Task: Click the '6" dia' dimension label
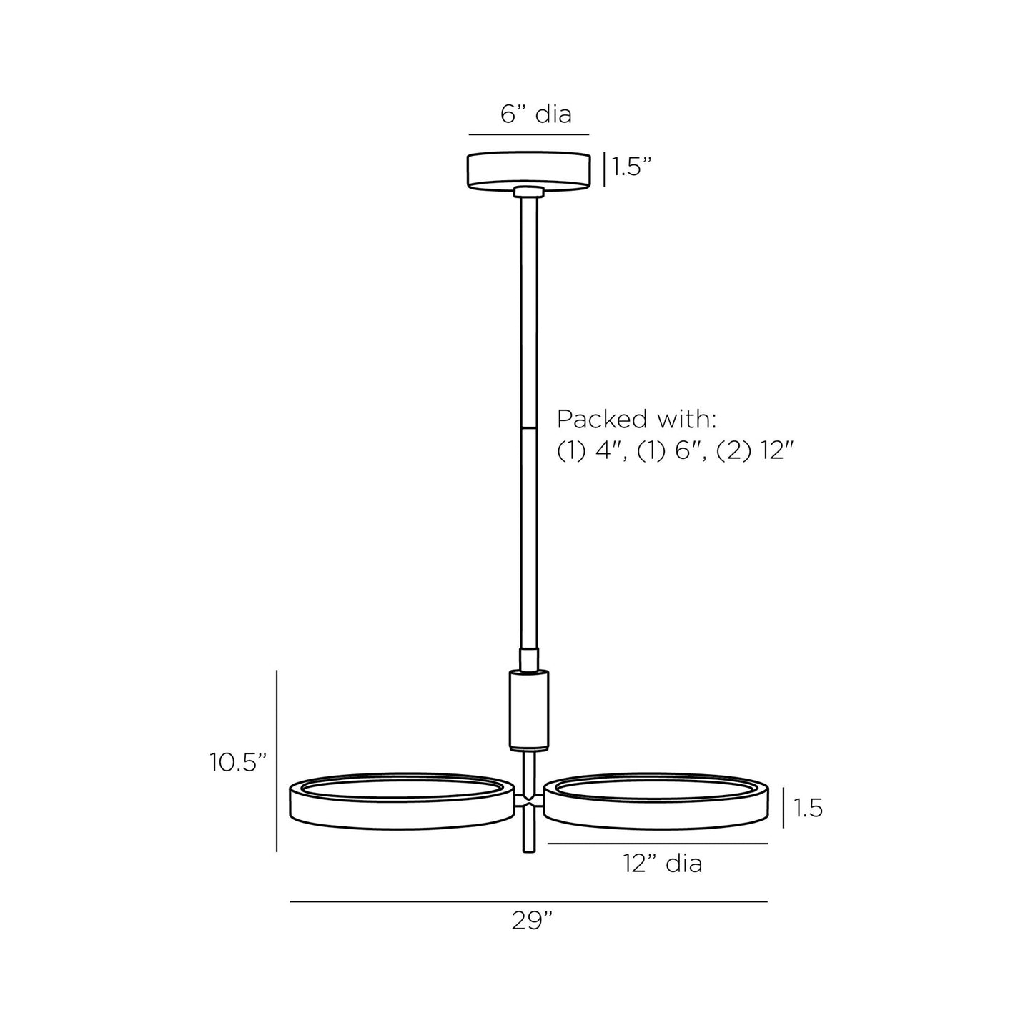535,114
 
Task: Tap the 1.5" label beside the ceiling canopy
632,168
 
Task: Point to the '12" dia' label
663,864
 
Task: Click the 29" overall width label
533,921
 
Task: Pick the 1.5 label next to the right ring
809,809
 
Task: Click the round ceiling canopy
528,170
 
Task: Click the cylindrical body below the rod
529,709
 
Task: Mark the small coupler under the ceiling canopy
529,191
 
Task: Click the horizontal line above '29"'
528,902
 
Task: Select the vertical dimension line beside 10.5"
277,761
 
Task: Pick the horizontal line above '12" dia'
657,844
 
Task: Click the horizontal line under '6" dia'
528,134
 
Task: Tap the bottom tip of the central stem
529,849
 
